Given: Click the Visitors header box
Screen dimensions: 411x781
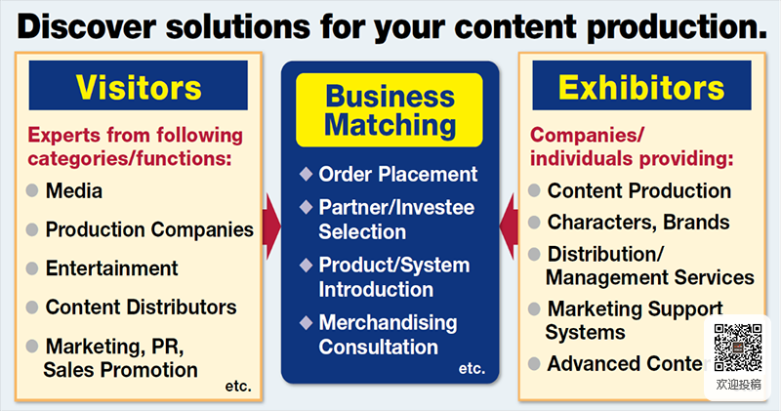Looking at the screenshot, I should (139, 88).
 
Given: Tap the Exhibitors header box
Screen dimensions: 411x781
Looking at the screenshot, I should (641, 88).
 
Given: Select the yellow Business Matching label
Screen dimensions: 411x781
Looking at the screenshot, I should (390, 110).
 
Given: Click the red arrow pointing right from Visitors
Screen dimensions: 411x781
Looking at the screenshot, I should (270, 226).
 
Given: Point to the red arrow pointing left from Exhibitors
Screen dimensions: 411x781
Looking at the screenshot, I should (509, 226).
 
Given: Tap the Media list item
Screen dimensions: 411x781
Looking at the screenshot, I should (74, 191).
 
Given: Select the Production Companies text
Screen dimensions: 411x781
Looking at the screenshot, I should (149, 230).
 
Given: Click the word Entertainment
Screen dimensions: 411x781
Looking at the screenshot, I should (111, 267).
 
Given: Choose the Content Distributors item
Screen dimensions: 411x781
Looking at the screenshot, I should (141, 307).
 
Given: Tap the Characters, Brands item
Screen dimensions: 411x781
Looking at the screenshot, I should (637, 222).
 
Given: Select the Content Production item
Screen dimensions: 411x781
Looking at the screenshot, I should (638, 190).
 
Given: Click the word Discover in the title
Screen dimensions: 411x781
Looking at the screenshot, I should (89, 25).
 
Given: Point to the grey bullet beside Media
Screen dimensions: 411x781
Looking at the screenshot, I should (32, 191).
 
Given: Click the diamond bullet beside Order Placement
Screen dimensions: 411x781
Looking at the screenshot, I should (306, 175).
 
